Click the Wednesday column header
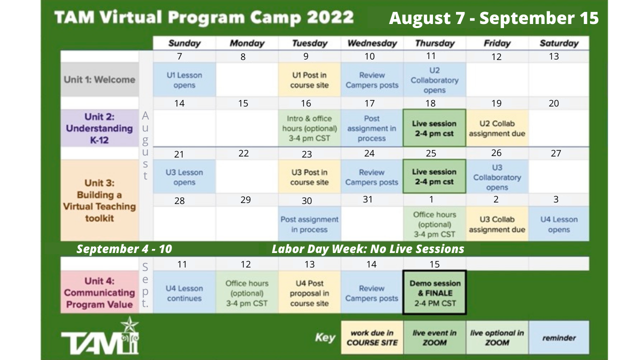point(372,43)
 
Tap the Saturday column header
point(559,43)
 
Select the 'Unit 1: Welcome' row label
point(99,79)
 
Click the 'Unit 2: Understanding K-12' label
point(99,128)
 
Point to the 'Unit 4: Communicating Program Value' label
point(99,292)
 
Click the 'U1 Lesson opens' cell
point(184,79)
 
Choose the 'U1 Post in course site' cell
point(309,79)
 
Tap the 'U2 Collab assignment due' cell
point(497,128)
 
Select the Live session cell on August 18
point(434,128)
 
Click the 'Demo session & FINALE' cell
point(434,292)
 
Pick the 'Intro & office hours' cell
point(309,128)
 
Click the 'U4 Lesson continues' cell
point(184,292)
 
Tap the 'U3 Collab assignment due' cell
point(497,224)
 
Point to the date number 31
point(367,199)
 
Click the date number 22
point(243,153)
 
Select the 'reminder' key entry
point(559,337)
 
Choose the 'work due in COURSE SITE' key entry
point(372,337)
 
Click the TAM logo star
point(129,325)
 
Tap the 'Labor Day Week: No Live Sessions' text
point(367,249)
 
